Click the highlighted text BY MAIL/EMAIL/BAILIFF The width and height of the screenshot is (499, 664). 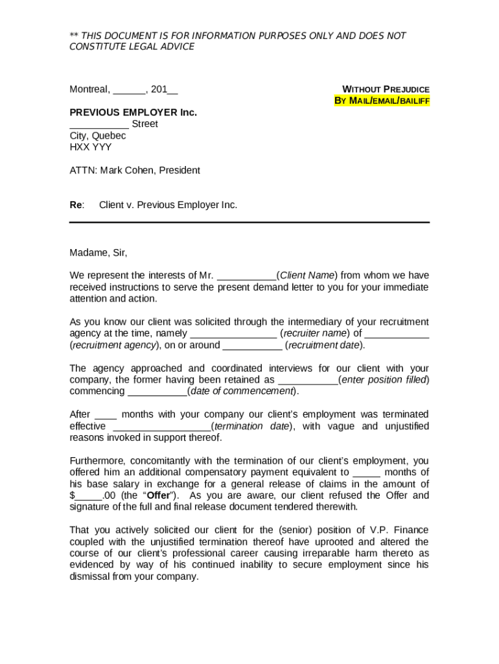click(382, 101)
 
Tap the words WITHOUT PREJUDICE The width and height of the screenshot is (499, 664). click(386, 89)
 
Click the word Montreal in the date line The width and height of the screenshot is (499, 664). click(89, 89)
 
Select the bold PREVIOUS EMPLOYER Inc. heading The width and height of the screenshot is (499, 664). click(133, 112)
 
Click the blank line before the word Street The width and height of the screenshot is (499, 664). click(99, 124)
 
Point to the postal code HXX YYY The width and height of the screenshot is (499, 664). click(91, 147)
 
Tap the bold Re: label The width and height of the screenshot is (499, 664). click(76, 205)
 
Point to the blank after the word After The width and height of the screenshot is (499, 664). click(106, 415)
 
